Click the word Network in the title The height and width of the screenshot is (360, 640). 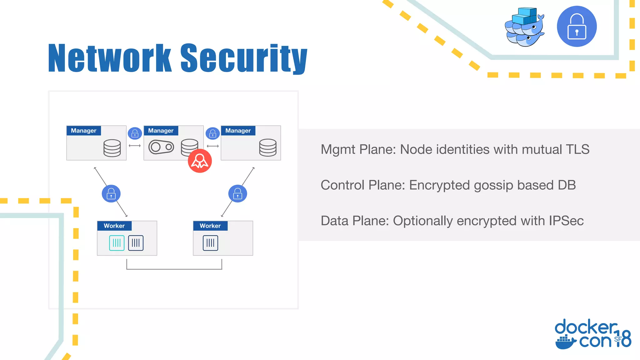(x=110, y=58)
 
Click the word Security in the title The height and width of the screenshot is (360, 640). (x=244, y=58)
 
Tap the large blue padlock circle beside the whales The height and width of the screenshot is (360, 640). (x=577, y=27)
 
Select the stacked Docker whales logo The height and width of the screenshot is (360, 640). (x=524, y=27)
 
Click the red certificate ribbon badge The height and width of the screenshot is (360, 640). (x=200, y=161)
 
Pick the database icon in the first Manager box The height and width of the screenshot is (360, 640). (x=112, y=148)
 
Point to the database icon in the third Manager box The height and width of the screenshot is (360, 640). (x=268, y=147)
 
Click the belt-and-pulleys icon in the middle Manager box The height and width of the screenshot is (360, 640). (x=161, y=147)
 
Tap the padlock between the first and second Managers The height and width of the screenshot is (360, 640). (x=135, y=133)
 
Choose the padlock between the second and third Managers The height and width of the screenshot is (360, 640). (x=212, y=133)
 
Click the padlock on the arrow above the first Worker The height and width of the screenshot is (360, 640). (x=111, y=194)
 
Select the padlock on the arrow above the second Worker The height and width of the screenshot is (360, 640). (x=237, y=194)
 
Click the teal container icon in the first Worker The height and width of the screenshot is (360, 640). (x=117, y=243)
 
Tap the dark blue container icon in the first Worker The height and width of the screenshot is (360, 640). (x=136, y=243)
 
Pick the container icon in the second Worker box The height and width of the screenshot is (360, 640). (x=210, y=243)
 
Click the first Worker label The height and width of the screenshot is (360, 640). (x=114, y=226)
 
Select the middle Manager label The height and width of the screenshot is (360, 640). (x=161, y=131)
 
